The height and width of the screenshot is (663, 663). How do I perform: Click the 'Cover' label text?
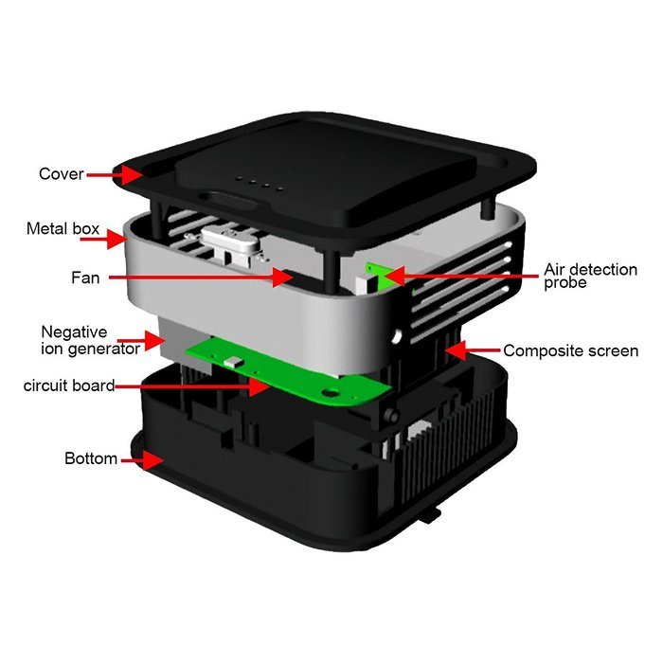click(62, 173)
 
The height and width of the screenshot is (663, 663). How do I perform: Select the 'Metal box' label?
click(63, 229)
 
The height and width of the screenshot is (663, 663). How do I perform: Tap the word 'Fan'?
click(85, 278)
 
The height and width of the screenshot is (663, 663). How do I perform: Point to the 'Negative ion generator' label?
click(91, 340)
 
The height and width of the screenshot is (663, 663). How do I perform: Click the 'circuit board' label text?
click(69, 385)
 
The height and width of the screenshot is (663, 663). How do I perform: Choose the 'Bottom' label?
click(91, 458)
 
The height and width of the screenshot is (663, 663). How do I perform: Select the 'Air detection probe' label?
click(590, 276)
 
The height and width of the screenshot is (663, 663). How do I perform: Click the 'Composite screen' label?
click(571, 351)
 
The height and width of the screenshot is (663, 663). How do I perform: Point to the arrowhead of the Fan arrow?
click(282, 278)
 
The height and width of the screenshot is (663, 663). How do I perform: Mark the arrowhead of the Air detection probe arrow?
click(394, 276)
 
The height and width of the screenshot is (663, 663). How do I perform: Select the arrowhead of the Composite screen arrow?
click(456, 350)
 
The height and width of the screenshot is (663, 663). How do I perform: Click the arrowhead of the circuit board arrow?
click(259, 386)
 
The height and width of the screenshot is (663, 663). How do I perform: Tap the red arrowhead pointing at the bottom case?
click(153, 460)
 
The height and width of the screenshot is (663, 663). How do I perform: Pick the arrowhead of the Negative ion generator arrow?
click(153, 341)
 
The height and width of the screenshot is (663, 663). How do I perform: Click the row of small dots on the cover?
click(259, 184)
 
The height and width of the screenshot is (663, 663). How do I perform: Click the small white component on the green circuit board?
click(233, 362)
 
